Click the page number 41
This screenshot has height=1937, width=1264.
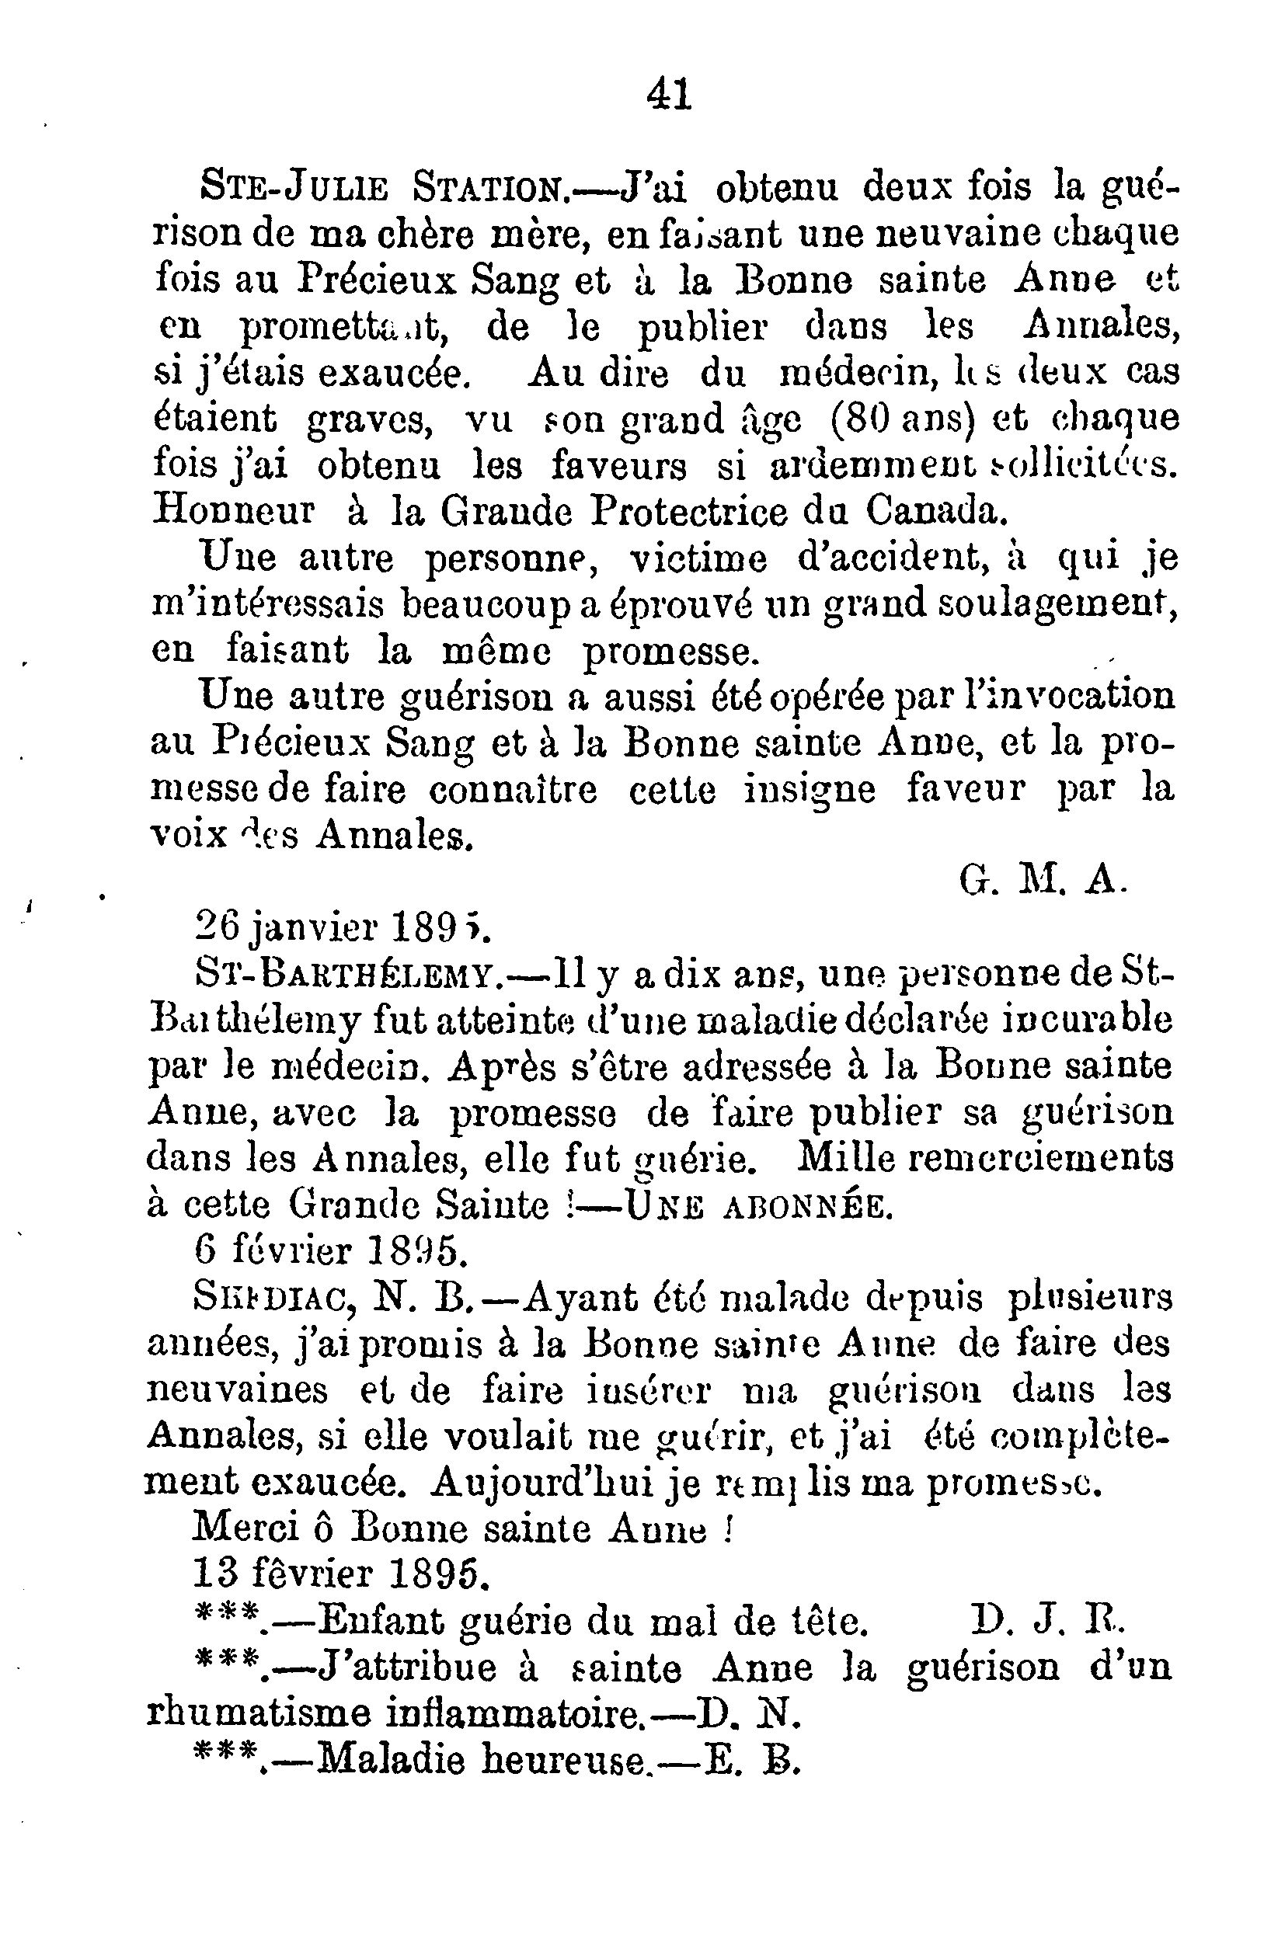pyautogui.click(x=669, y=96)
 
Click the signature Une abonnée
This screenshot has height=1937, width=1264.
pyautogui.click(x=757, y=1206)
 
